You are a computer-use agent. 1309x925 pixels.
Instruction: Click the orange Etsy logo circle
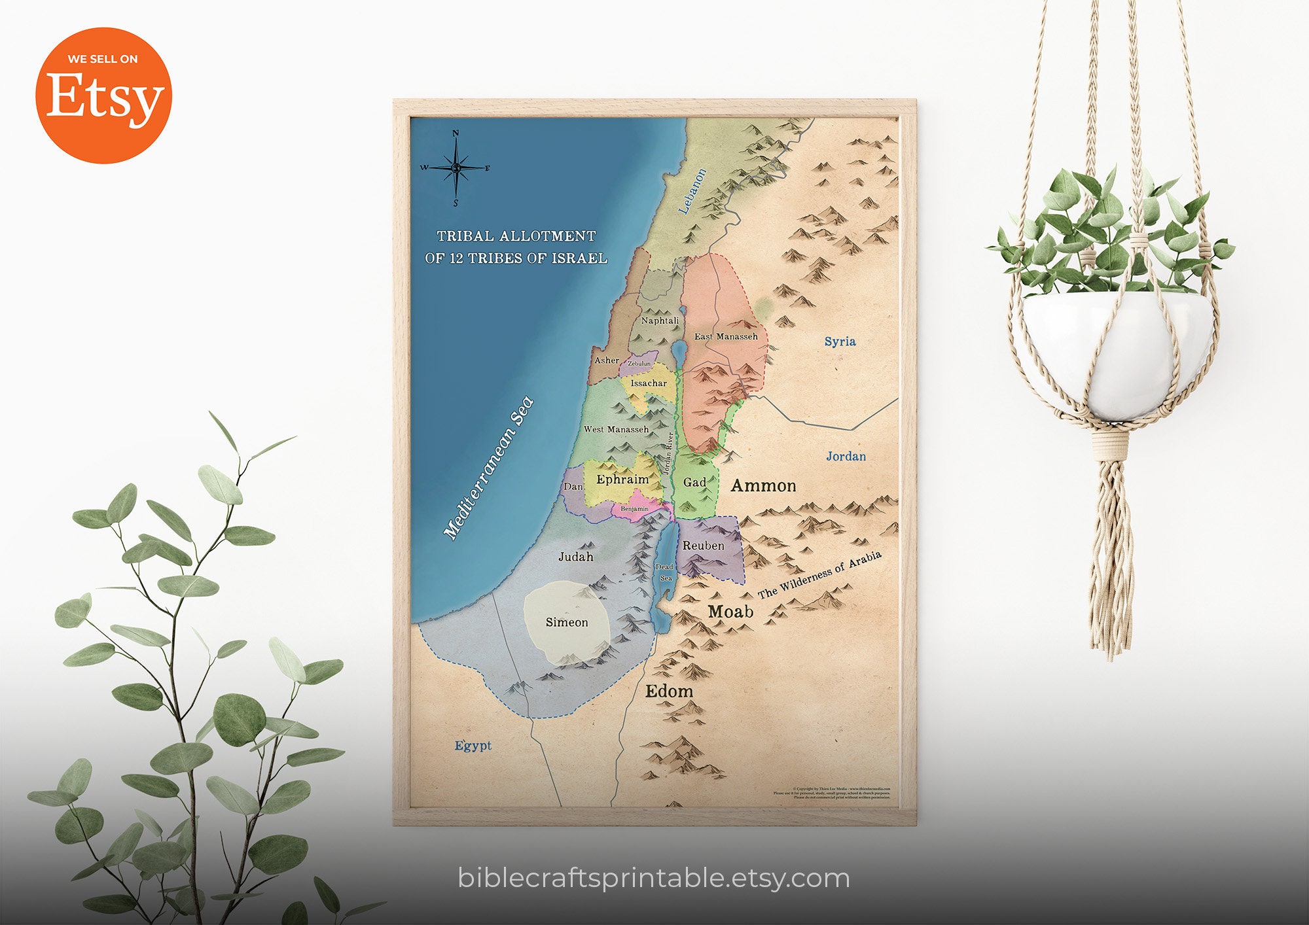pyautogui.click(x=103, y=96)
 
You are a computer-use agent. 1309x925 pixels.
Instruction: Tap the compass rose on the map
pyautogui.click(x=456, y=167)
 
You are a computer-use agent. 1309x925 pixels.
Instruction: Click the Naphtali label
pyautogui.click(x=660, y=321)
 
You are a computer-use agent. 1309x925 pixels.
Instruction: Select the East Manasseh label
pyautogui.click(x=726, y=336)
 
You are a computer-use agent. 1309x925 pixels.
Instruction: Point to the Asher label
pyautogui.click(x=607, y=360)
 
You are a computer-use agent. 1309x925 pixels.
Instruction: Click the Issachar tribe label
pyautogui.click(x=649, y=383)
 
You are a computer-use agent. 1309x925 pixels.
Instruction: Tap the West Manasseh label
pyautogui.click(x=616, y=430)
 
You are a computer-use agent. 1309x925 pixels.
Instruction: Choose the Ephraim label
pyautogui.click(x=622, y=480)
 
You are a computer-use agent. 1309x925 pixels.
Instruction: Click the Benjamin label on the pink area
pyautogui.click(x=634, y=509)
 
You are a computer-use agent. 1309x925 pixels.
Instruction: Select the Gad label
pyautogui.click(x=694, y=483)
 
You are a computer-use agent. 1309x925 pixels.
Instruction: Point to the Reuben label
pyautogui.click(x=704, y=546)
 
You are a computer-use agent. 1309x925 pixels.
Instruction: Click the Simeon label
pyautogui.click(x=567, y=623)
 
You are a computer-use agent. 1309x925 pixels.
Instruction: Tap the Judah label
pyautogui.click(x=576, y=557)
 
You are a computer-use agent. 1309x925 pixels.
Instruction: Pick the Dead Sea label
pyautogui.click(x=665, y=572)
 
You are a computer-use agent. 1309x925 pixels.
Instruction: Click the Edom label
pyautogui.click(x=669, y=691)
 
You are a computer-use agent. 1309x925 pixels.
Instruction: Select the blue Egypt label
pyautogui.click(x=473, y=746)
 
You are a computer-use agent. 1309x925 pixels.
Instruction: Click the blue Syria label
pyautogui.click(x=840, y=341)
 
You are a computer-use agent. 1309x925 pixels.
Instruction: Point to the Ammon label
pyautogui.click(x=763, y=486)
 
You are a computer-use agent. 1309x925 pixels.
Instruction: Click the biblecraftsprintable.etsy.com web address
pyautogui.click(x=654, y=878)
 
